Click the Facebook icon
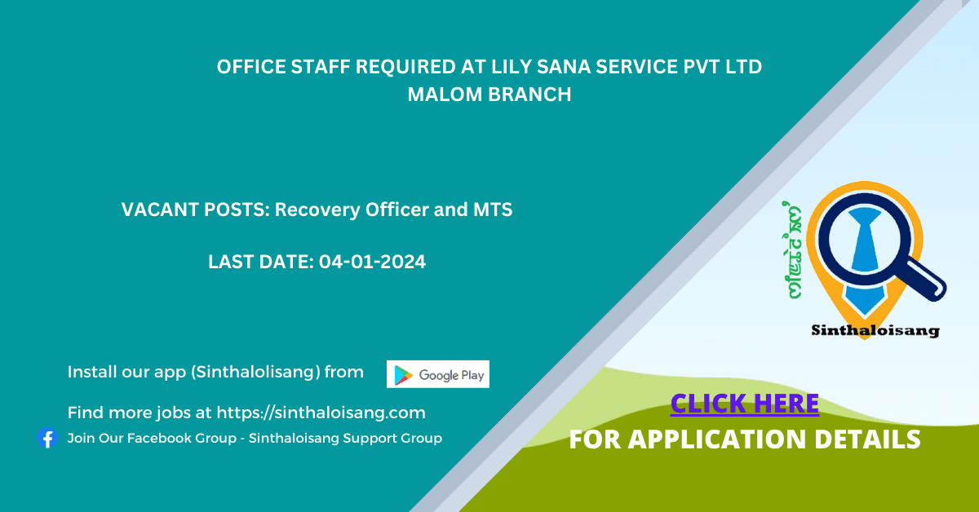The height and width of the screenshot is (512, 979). point(47,438)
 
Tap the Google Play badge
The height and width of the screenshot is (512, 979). point(438,374)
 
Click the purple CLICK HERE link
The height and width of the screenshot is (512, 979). point(745,404)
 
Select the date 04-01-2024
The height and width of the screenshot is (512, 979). point(372,262)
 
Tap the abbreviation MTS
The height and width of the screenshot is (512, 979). point(493,210)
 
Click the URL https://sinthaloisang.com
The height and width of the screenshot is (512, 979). point(321,413)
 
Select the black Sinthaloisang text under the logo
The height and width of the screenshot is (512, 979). point(875,331)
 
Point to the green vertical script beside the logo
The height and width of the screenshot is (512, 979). point(792,250)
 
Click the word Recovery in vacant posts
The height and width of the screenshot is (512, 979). point(317,210)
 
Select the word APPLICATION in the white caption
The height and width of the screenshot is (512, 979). point(717,439)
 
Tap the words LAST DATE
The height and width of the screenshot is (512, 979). point(261,262)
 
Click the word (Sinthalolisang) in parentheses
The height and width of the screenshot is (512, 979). point(255,373)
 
